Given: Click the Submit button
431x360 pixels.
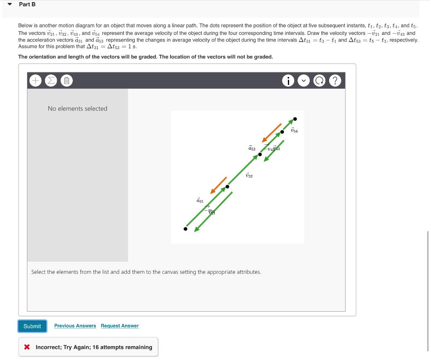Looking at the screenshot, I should pyautogui.click(x=32, y=326).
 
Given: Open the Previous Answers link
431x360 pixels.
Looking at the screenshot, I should pyautogui.click(x=75, y=326).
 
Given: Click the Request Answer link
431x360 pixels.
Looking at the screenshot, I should pyautogui.click(x=120, y=326).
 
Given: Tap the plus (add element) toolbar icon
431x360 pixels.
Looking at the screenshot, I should pyautogui.click(x=36, y=80).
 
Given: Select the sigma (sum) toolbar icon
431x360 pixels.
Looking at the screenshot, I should pyautogui.click(x=51, y=80).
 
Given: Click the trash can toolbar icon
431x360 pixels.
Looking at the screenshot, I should pyautogui.click(x=66, y=80).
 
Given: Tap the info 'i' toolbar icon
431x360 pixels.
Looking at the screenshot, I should pyautogui.click(x=288, y=81).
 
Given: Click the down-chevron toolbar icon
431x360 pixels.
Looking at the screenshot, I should pyautogui.click(x=303, y=81).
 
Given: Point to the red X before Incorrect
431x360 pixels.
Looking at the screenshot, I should pyautogui.click(x=27, y=347).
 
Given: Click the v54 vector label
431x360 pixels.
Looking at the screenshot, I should pyautogui.click(x=294, y=131).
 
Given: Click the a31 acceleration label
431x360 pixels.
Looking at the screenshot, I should pyautogui.click(x=200, y=201).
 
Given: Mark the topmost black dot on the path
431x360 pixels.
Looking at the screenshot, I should pyautogui.click(x=295, y=119).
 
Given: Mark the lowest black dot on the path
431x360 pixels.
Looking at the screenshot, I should pyautogui.click(x=186, y=229).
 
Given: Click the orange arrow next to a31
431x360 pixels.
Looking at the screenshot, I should pyautogui.click(x=218, y=185).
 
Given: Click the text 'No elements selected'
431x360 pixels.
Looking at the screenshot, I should pyautogui.click(x=77, y=109).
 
